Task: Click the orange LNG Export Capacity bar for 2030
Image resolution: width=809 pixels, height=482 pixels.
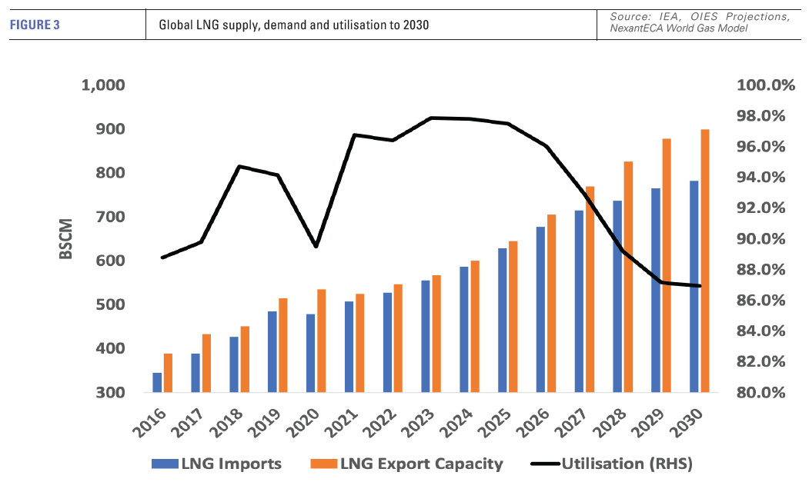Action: click(x=705, y=261)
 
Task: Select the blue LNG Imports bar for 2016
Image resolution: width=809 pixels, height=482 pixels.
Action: click(x=157, y=383)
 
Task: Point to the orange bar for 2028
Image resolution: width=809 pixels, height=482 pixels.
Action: click(x=628, y=278)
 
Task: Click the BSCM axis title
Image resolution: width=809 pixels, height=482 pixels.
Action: click(x=66, y=239)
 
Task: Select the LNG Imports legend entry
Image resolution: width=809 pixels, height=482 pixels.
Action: click(x=219, y=464)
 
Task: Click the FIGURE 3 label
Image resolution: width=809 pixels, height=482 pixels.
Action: click(x=35, y=25)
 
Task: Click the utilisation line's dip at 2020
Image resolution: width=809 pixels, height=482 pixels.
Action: click(x=316, y=246)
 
